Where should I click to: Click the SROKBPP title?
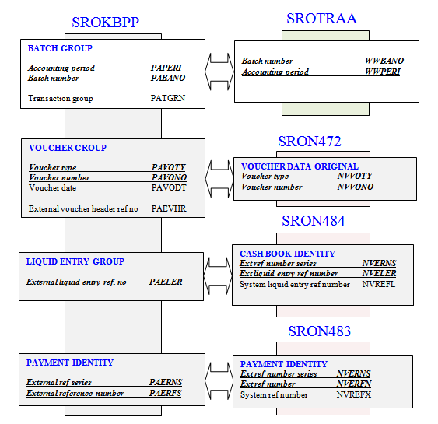pos(105,23)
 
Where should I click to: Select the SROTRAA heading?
pos(322,19)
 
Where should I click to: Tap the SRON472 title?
pos(310,142)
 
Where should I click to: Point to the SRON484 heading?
pos(314,221)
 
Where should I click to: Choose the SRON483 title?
pos(319,331)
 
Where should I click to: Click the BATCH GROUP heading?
pos(60,48)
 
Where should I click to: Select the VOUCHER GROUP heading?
pos(68,148)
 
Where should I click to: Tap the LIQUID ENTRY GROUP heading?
pos(75,261)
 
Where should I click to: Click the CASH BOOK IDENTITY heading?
pos(287,254)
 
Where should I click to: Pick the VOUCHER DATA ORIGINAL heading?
pos(300,166)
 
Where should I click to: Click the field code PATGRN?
pos(168,98)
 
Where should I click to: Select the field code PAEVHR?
pos(169,208)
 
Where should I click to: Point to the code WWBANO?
pos(384,61)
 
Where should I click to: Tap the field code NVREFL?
pos(379,284)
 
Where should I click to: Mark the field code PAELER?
pos(166,282)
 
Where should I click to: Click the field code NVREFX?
pos(354,394)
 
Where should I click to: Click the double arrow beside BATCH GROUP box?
pos(219,72)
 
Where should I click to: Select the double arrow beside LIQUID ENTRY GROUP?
pos(218,275)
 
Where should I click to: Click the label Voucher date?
pos(53,187)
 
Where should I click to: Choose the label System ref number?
pos(274,394)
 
